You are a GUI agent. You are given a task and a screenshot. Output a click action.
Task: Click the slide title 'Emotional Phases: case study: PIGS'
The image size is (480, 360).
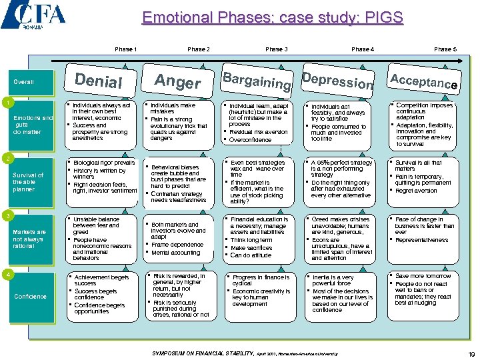click(x=273, y=17)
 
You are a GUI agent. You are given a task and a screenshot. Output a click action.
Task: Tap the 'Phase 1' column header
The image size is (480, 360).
click(x=125, y=49)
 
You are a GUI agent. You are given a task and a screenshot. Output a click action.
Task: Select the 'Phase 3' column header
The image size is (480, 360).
click(x=276, y=49)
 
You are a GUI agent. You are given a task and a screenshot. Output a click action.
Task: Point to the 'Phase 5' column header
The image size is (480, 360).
click(x=445, y=49)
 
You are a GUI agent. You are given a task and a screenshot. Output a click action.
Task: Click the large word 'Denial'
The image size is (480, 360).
click(x=99, y=81)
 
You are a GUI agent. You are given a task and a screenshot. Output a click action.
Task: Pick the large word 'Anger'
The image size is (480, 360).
click(x=177, y=81)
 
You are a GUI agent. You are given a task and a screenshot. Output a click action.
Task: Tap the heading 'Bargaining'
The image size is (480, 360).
click(x=257, y=81)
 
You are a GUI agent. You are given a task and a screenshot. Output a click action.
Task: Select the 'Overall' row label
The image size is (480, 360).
click(x=23, y=83)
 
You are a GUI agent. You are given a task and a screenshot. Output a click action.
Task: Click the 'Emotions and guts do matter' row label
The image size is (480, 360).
click(x=33, y=125)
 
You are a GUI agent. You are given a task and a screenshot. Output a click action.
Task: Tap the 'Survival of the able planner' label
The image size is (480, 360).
click(x=28, y=182)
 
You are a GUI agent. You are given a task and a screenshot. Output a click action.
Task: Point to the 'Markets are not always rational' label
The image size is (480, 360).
click(x=29, y=238)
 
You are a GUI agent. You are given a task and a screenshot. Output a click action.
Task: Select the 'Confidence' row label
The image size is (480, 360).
click(x=30, y=296)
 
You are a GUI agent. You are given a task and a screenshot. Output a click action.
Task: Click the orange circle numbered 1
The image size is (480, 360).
click(x=5, y=103)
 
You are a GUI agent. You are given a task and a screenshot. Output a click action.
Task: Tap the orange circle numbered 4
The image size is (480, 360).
click(x=5, y=273)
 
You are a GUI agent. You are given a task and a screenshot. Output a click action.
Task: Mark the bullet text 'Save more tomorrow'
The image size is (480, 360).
click(x=423, y=276)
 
